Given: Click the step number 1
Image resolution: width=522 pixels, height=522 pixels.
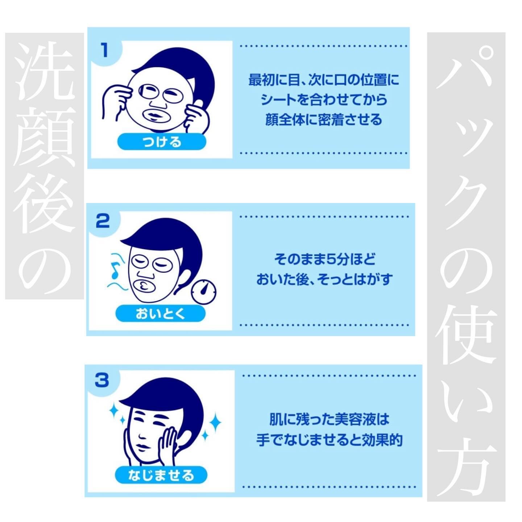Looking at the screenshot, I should [104, 50].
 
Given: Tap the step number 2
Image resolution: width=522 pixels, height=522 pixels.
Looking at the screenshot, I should [103, 220].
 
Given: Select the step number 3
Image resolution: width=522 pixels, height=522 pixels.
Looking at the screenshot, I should [102, 380].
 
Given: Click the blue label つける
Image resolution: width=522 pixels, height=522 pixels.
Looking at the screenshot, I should [162, 142].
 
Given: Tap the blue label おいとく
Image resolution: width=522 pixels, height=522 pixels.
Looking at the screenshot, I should [160, 313].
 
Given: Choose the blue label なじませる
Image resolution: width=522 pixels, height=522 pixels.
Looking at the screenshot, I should [161, 475].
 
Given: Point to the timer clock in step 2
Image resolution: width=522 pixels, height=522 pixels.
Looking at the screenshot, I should [203, 292].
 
